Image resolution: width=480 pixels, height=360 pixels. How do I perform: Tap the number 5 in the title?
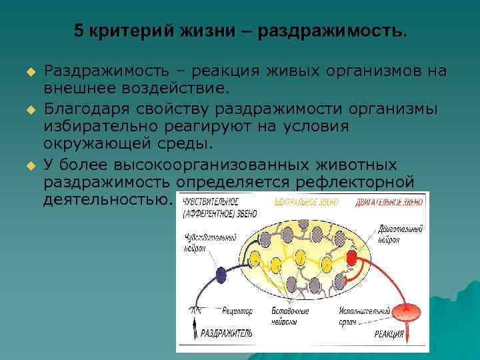(78, 32)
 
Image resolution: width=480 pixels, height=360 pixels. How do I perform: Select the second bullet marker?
(30, 109)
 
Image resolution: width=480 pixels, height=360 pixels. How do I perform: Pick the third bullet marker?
(30, 164)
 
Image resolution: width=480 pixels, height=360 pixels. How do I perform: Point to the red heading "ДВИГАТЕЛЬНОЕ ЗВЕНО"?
(389, 202)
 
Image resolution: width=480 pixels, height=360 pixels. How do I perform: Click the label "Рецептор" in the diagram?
(236, 311)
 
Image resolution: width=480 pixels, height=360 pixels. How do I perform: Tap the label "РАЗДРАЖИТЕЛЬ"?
(227, 333)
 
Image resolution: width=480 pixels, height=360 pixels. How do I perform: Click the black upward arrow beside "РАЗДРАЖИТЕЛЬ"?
(195, 331)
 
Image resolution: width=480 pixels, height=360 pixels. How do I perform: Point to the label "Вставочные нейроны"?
(289, 315)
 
